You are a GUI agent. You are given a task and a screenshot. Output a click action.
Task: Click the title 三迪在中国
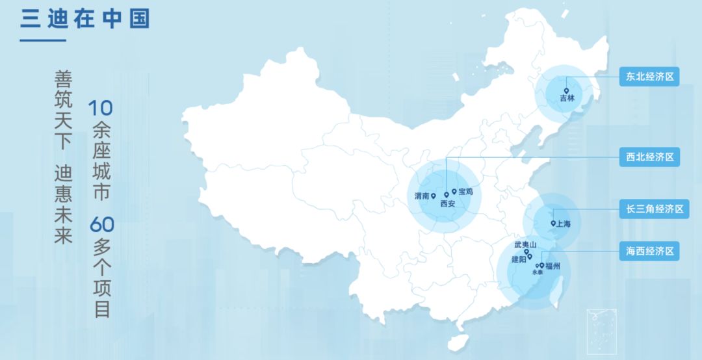84,18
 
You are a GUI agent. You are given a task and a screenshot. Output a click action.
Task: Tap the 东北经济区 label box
649,77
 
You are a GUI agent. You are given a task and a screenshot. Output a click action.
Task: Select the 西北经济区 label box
649,157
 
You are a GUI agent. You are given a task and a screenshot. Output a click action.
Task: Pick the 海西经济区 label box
649,251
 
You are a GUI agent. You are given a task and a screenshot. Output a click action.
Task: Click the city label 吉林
567,99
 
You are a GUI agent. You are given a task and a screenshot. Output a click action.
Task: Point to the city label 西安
448,203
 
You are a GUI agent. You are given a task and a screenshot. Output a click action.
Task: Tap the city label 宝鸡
466,192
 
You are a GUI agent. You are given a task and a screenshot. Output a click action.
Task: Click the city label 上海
563,224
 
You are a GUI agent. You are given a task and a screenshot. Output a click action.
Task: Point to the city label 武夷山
525,244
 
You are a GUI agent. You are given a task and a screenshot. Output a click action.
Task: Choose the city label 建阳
519,259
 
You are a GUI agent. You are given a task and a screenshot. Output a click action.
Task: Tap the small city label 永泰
537,273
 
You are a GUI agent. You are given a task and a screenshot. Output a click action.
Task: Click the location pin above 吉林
566,91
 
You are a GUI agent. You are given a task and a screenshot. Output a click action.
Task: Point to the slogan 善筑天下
63,110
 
